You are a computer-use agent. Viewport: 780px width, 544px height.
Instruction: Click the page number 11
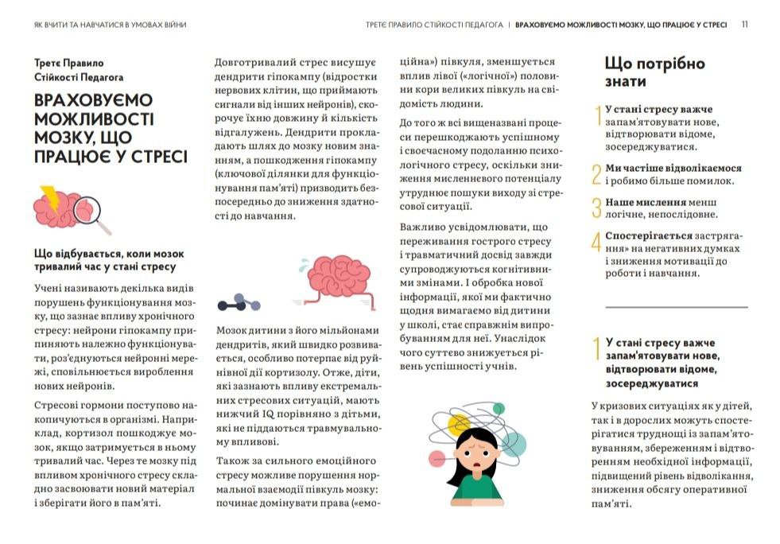point(744,25)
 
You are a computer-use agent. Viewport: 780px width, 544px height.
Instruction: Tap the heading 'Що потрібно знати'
point(654,72)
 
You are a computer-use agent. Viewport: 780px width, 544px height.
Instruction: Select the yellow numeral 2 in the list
point(597,174)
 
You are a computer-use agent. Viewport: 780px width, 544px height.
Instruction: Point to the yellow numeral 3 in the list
point(597,208)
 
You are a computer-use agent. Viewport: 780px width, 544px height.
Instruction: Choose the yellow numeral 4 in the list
point(597,242)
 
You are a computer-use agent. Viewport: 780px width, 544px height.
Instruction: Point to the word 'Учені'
point(49,288)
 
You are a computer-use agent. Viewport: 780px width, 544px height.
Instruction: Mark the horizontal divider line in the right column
point(677,307)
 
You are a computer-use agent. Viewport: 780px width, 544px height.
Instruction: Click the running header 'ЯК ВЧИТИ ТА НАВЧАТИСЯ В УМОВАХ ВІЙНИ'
point(111,25)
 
